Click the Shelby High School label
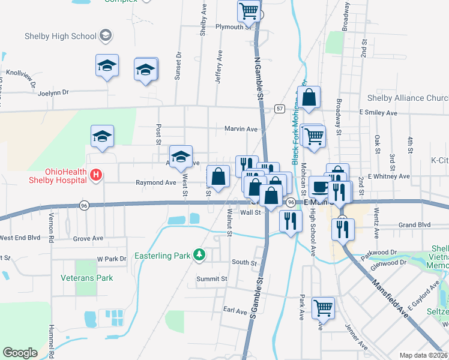pyautogui.click(x=61, y=36)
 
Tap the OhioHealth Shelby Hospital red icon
pyautogui.click(x=95, y=176)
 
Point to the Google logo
pyautogui.click(x=20, y=352)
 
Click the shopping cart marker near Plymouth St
pyautogui.click(x=249, y=10)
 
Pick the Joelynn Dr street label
pyautogui.click(x=53, y=92)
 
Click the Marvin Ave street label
pyautogui.click(x=241, y=129)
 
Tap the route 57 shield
pyautogui.click(x=280, y=109)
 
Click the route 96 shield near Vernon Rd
pyautogui.click(x=84, y=205)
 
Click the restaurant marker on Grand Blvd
pyautogui.click(x=342, y=228)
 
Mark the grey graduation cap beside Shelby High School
pyautogui.click(x=106, y=35)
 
